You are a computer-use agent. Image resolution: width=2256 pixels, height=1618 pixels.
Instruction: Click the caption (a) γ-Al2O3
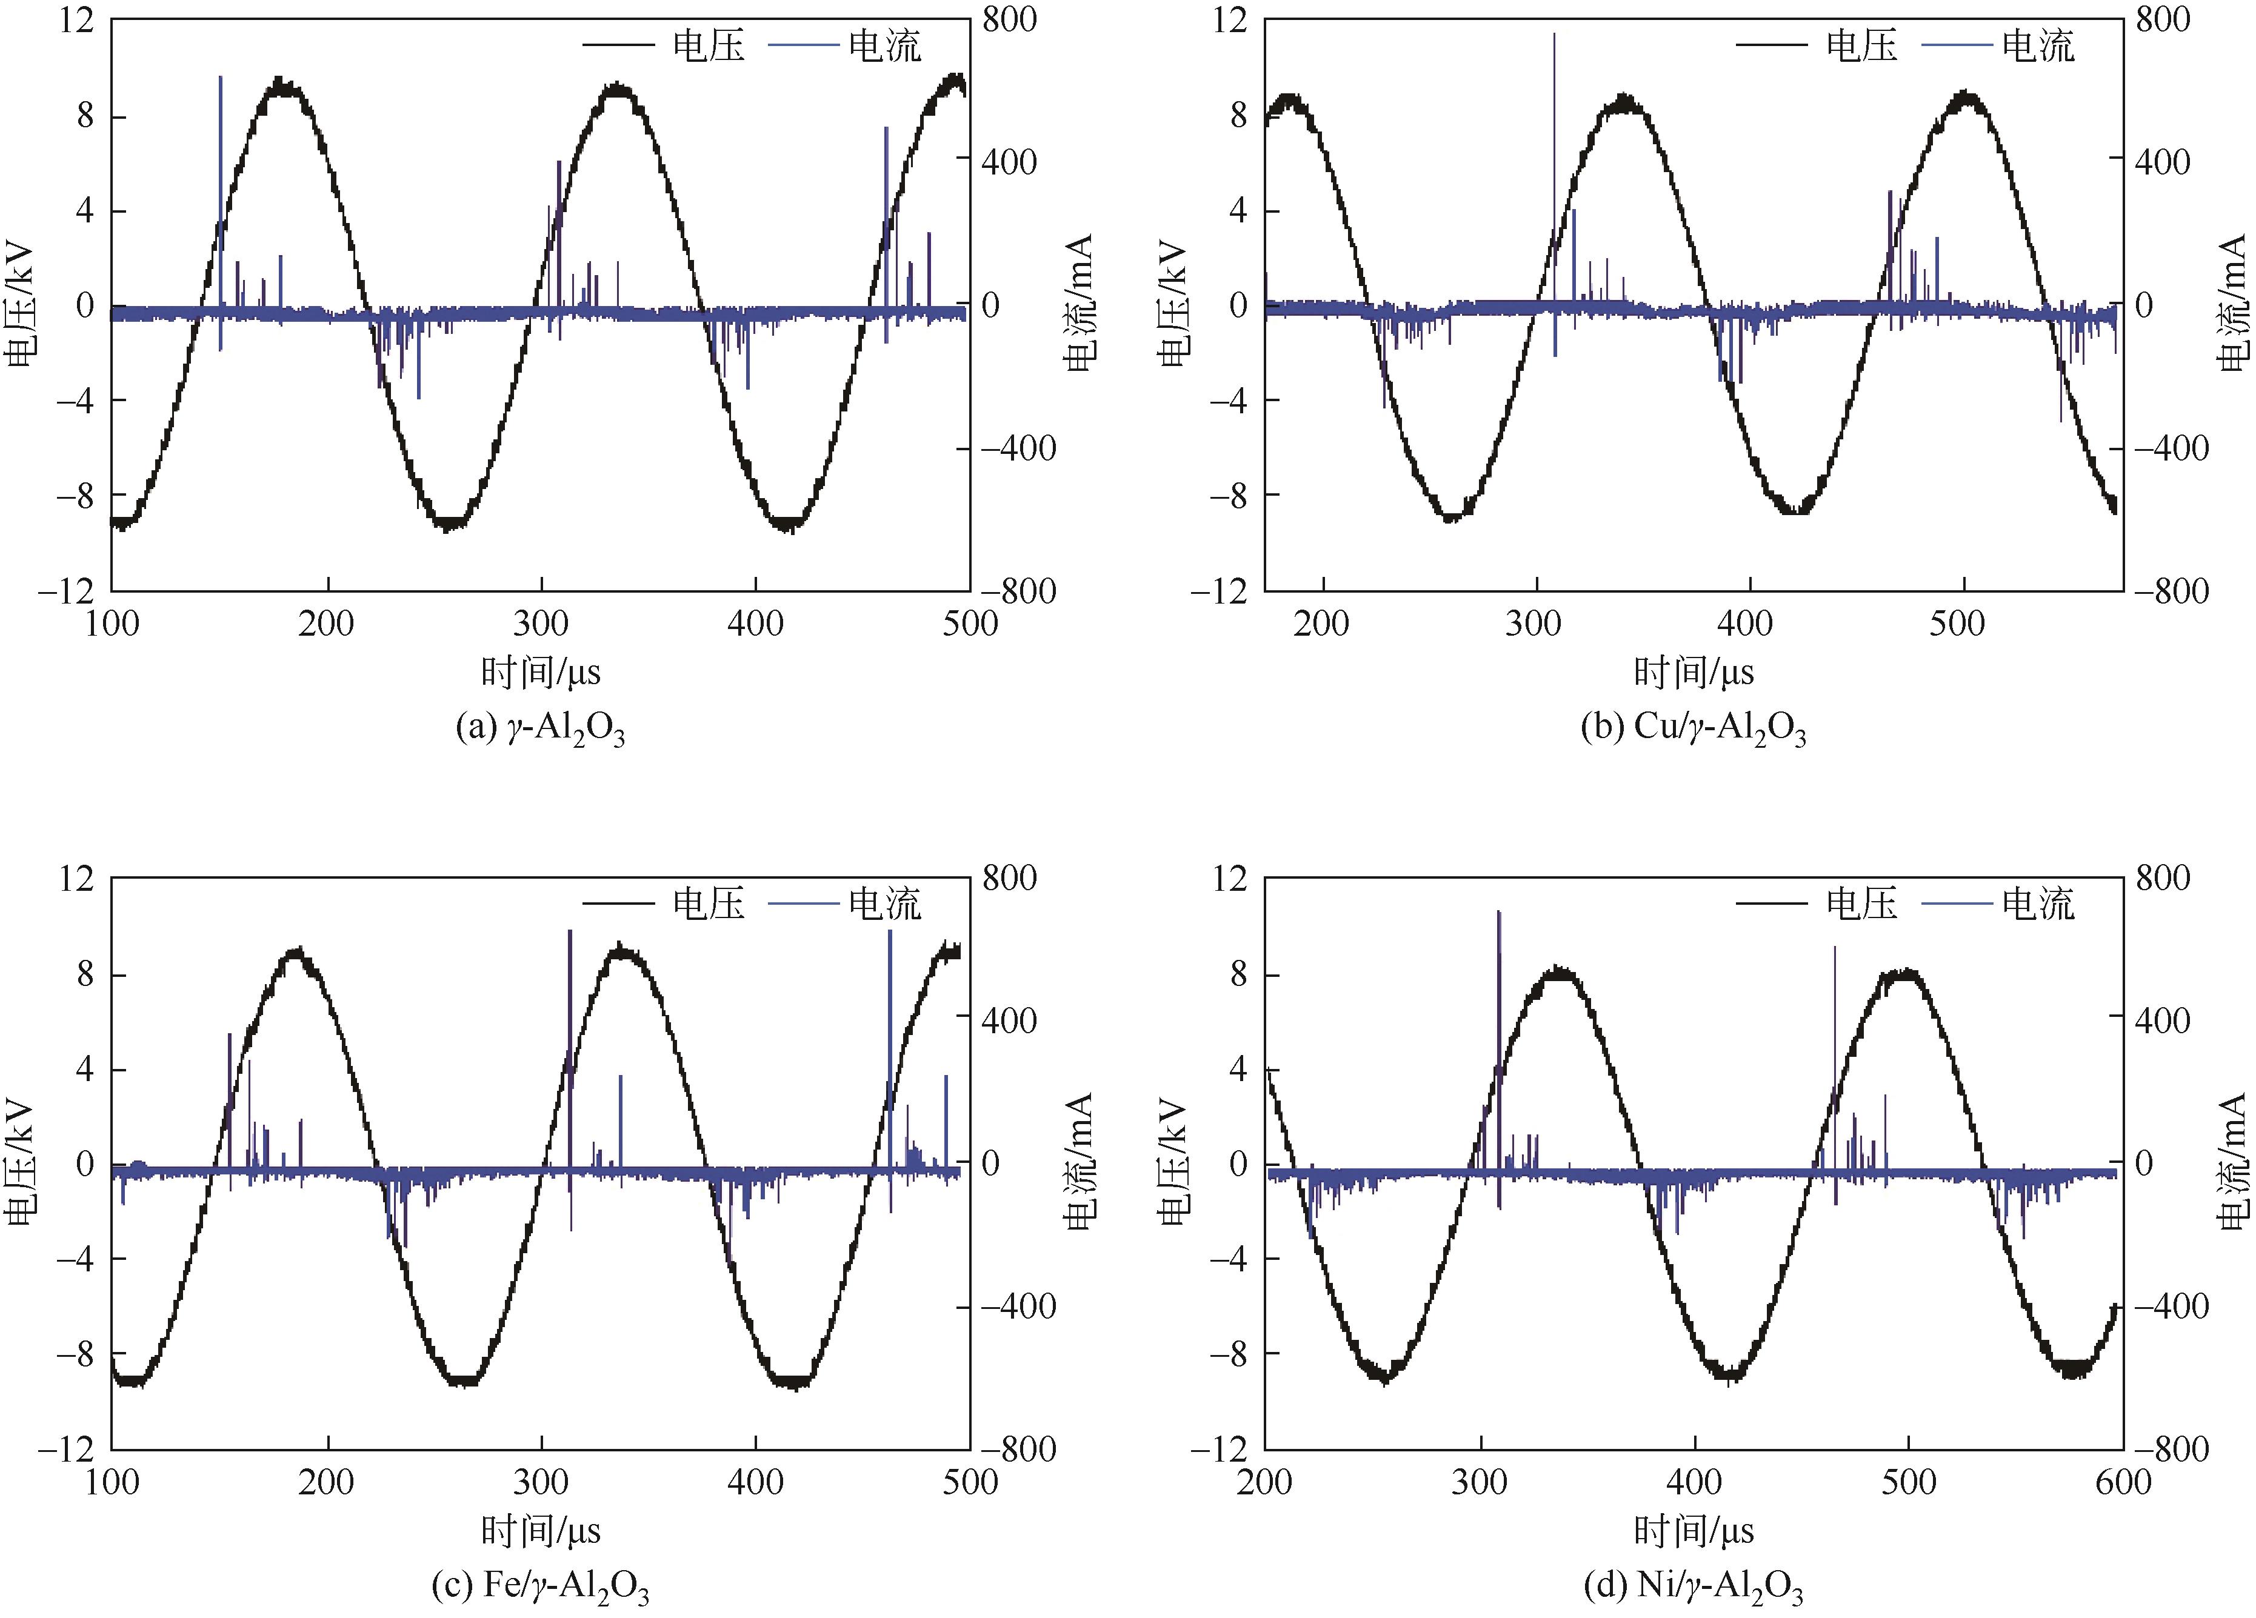[540, 729]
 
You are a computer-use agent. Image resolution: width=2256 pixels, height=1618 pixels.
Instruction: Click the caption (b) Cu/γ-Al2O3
[1693, 729]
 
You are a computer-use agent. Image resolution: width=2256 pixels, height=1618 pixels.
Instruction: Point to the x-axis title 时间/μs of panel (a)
[540, 673]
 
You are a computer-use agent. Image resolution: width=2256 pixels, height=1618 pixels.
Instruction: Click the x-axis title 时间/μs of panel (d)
[1693, 1531]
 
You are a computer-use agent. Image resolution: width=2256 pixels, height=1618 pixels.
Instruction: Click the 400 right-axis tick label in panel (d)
[2163, 1020]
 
